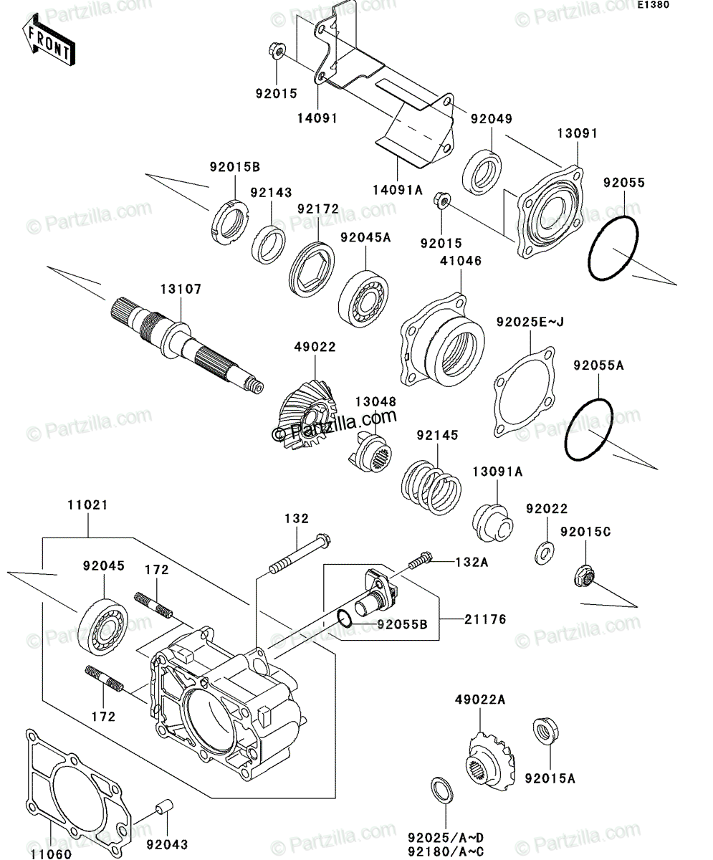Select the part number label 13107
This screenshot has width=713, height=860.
[x=181, y=289]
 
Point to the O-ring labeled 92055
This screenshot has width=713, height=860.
[x=613, y=249]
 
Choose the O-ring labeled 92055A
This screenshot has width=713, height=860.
[x=588, y=429]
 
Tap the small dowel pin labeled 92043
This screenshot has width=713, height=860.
[x=164, y=806]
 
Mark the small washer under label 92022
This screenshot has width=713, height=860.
[x=545, y=553]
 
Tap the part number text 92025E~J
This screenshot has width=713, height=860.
[x=530, y=322]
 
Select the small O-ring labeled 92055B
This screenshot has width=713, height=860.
[x=345, y=618]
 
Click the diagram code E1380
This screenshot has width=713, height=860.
[x=654, y=5]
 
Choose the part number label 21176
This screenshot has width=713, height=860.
[x=485, y=619]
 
